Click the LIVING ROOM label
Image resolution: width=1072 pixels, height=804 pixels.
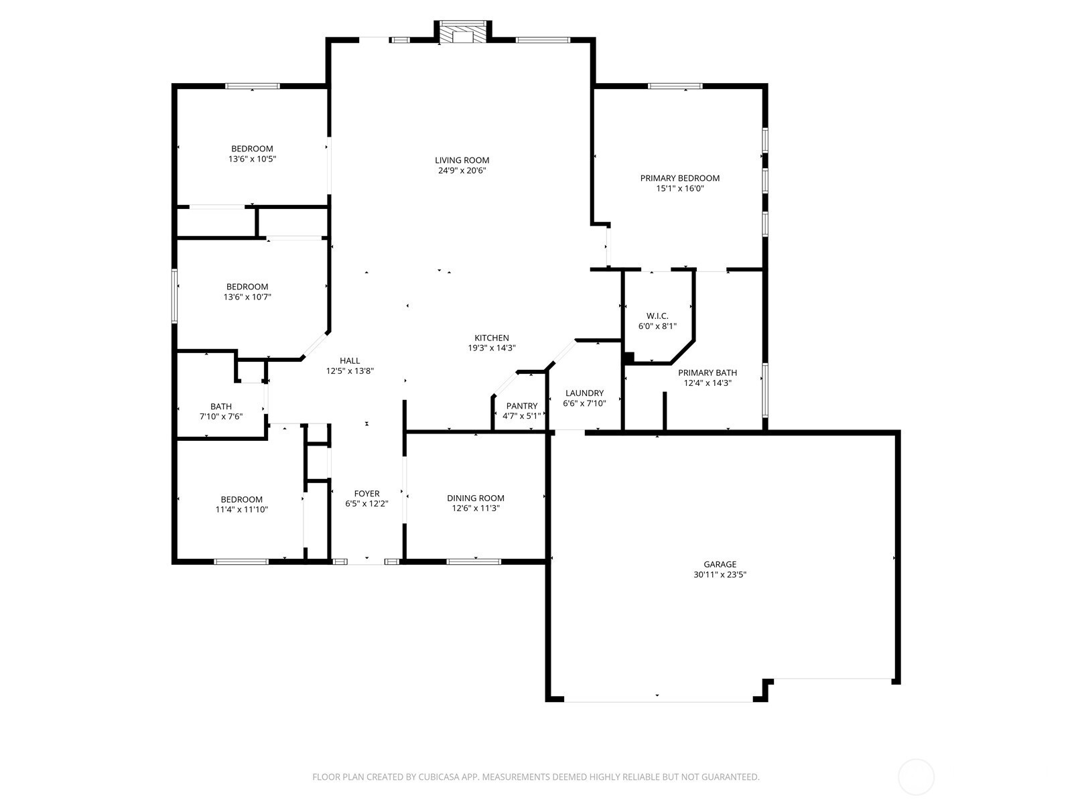(462, 160)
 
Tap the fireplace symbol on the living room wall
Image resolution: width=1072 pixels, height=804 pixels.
(462, 32)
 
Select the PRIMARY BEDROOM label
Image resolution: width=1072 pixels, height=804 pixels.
(680, 178)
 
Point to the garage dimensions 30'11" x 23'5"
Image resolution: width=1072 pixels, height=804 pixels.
(720, 575)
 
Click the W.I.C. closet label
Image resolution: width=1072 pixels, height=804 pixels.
(657, 316)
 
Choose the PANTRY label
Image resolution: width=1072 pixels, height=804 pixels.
(521, 405)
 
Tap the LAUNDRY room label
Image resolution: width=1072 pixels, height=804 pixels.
(585, 393)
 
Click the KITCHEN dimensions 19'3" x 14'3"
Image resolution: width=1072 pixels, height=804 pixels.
(492, 348)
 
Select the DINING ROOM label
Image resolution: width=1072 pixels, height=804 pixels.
(476, 498)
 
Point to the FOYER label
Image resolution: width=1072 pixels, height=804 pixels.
(366, 494)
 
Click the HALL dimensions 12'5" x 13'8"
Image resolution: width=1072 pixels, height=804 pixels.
(350, 371)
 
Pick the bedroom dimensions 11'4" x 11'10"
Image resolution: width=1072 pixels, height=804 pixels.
(242, 510)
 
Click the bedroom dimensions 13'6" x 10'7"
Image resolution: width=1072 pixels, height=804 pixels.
(247, 297)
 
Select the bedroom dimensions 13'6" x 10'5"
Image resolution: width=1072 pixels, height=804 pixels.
(252, 159)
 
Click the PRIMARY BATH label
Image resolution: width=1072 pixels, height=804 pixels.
(708, 373)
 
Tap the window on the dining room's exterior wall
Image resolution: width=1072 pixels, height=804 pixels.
(474, 562)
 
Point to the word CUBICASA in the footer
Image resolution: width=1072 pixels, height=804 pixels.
(439, 777)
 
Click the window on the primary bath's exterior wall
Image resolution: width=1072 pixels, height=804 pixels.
(765, 390)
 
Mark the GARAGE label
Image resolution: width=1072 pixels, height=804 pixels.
(720, 564)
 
